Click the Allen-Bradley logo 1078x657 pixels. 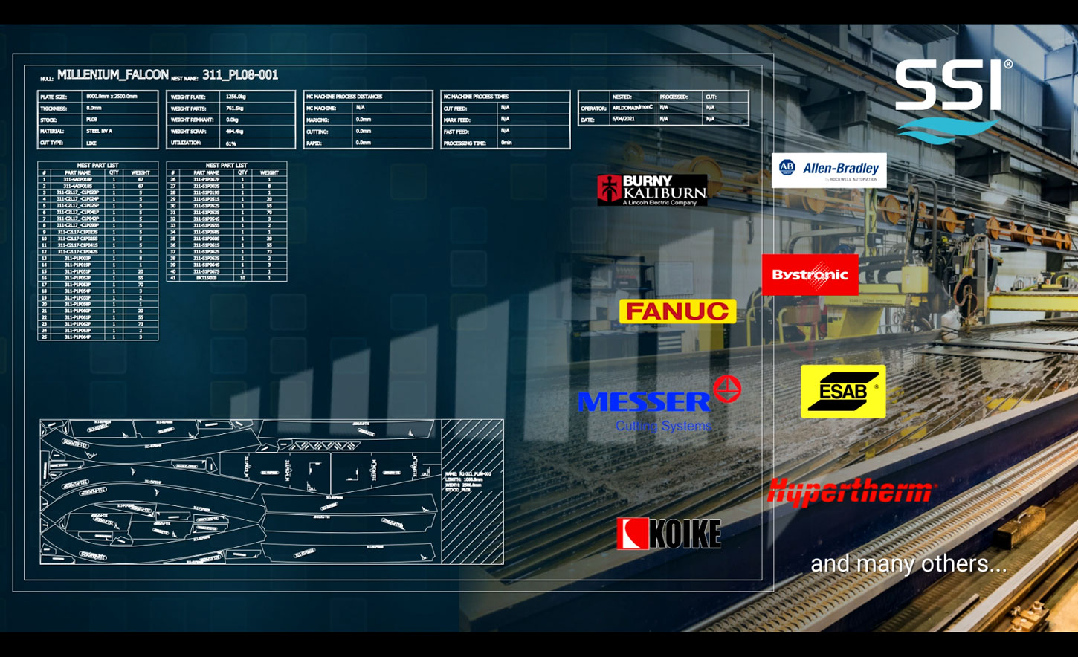click(x=828, y=170)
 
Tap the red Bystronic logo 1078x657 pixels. click(x=810, y=275)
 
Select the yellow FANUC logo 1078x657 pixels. click(x=677, y=311)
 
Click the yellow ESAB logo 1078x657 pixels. click(x=843, y=391)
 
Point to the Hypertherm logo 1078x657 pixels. click(x=851, y=492)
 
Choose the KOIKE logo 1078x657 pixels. click(x=668, y=534)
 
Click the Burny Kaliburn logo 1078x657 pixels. click(x=652, y=190)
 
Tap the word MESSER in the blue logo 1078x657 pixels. click(x=644, y=402)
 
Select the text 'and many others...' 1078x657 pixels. click(x=908, y=563)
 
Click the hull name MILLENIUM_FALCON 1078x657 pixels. click(x=112, y=75)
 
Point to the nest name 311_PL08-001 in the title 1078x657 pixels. click(x=239, y=75)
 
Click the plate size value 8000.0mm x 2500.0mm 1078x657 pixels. click(x=112, y=97)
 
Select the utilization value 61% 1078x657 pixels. click(x=231, y=143)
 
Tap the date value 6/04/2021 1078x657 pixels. click(x=622, y=119)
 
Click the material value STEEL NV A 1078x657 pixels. click(x=99, y=132)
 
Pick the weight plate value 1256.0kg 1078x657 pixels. click(x=236, y=97)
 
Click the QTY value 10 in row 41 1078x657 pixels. click(x=242, y=278)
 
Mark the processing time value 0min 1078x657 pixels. click(x=506, y=143)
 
